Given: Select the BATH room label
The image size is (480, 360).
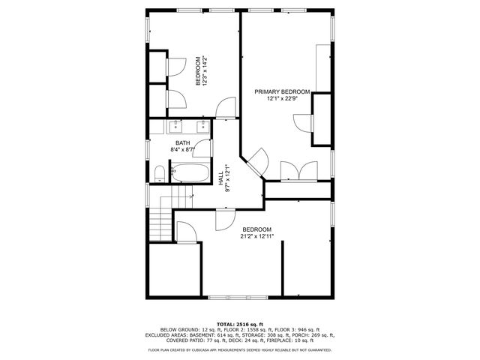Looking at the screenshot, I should [x=182, y=142].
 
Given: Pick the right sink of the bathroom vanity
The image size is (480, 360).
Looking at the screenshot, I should [x=202, y=125].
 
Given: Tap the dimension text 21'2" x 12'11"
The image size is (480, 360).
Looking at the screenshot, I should [x=256, y=236].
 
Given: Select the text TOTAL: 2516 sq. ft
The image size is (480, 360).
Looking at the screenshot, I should [x=239, y=322].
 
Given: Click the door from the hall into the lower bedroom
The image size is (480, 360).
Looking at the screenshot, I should [x=224, y=218].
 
